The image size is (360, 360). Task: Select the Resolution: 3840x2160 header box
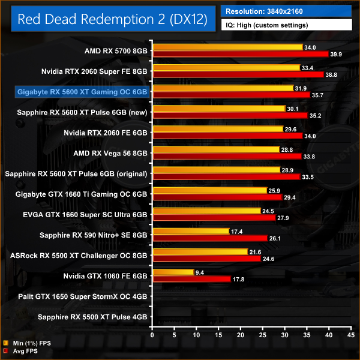pyautogui.click(x=286, y=11)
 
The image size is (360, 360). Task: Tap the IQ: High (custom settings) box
pyautogui.click(x=286, y=25)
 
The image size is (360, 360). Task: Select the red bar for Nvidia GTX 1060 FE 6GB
pyautogui.click(x=191, y=278)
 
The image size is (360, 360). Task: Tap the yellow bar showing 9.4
pyautogui.click(x=173, y=272)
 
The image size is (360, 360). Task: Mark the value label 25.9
pyautogui.click(x=275, y=190)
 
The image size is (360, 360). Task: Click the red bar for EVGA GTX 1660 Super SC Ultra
pyautogui.click(x=214, y=217)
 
